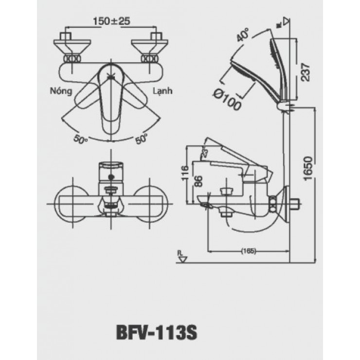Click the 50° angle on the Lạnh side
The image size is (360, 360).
[141, 138]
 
